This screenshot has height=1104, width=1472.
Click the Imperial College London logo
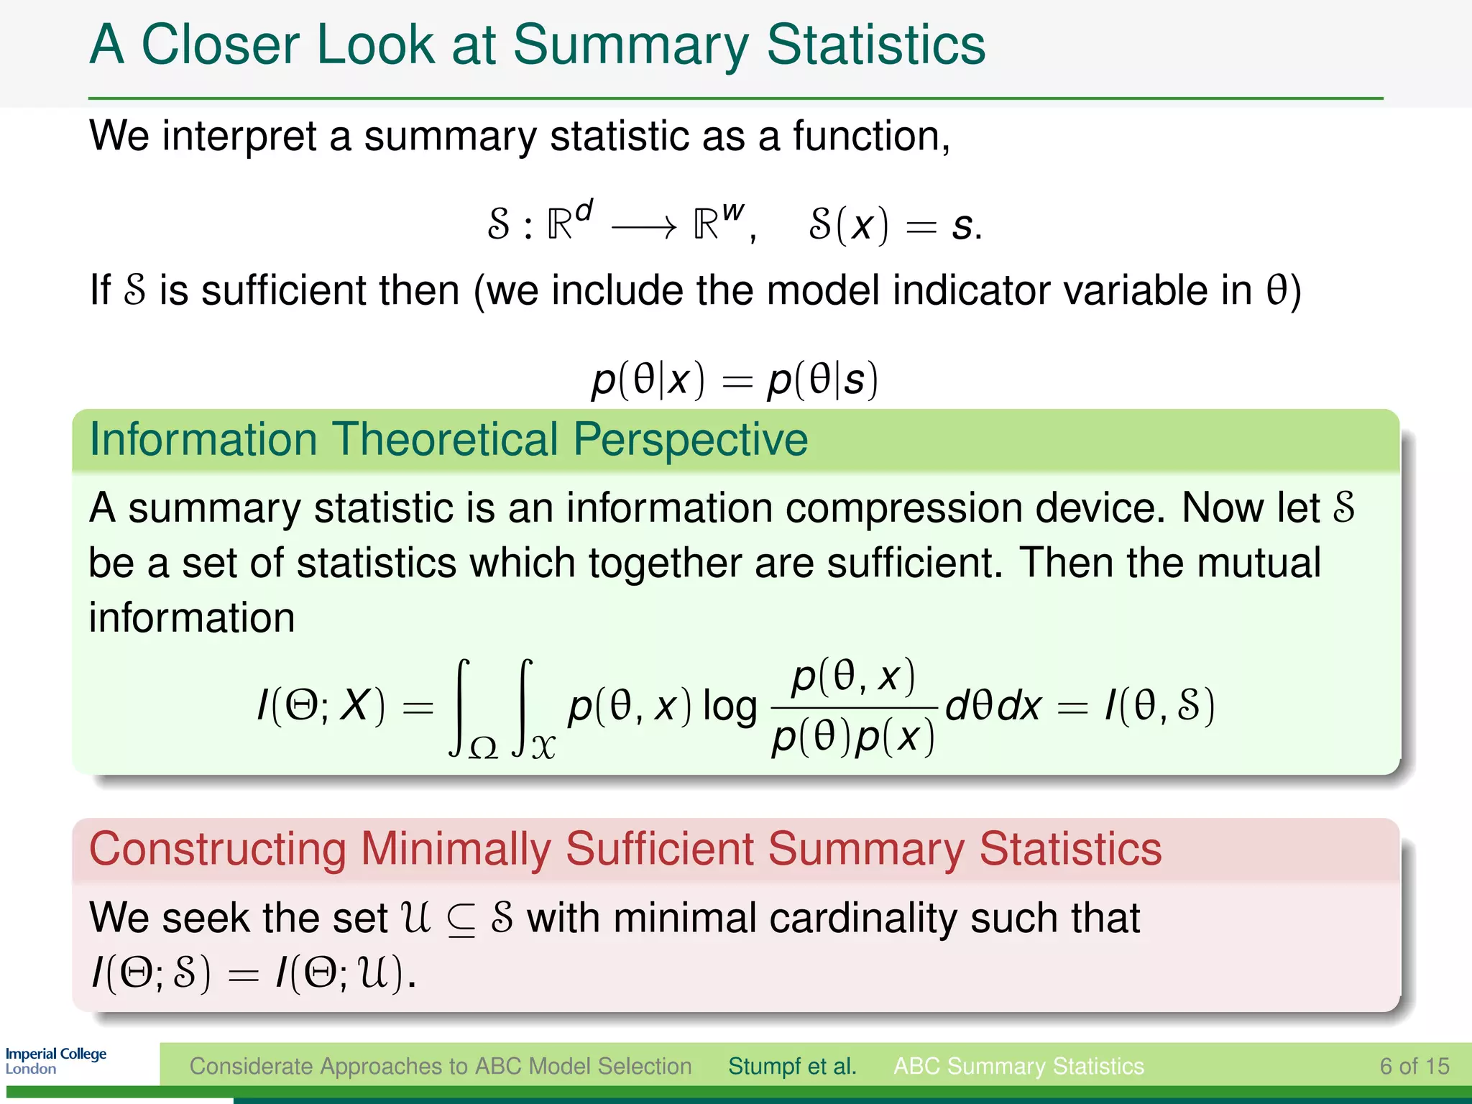coord(55,1061)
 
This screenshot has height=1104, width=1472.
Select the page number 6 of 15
coord(1414,1066)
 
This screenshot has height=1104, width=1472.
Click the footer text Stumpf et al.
coord(792,1066)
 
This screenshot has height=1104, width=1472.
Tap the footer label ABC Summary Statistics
coord(1018,1066)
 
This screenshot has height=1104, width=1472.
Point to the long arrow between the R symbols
coord(643,228)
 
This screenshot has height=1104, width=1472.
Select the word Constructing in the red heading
coord(217,849)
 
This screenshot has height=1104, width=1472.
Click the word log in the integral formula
coord(730,706)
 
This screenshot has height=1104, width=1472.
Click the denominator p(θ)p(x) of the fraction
coord(852,737)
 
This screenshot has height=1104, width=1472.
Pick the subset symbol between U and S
coord(461,921)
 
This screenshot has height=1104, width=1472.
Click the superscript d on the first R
coord(584,210)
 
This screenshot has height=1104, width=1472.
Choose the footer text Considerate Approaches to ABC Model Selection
coord(440,1066)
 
